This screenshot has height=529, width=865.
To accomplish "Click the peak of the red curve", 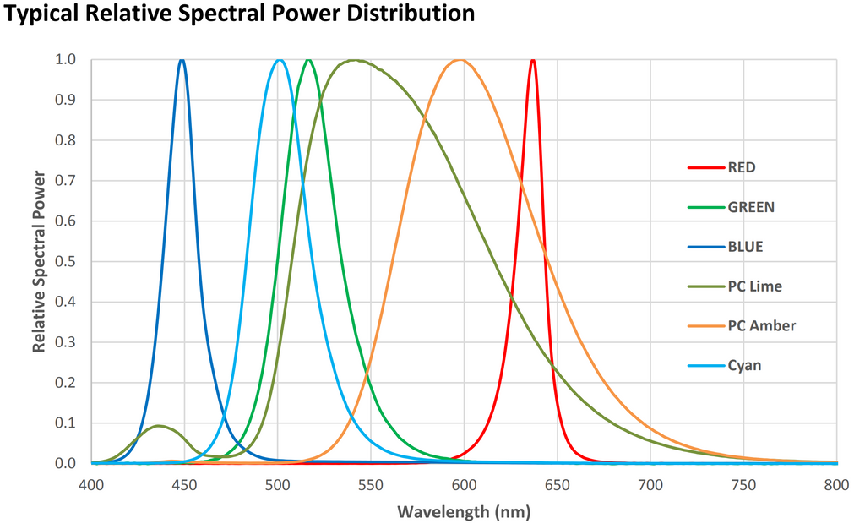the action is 532,60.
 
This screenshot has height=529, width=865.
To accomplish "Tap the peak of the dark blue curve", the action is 182,60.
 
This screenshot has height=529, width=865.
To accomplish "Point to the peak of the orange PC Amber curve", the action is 460,60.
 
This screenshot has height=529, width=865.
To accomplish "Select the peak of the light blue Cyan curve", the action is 280,60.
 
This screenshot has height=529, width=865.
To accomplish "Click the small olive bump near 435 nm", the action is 158,426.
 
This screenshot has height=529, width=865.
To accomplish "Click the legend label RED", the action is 741,167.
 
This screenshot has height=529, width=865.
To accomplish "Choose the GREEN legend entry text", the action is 750,207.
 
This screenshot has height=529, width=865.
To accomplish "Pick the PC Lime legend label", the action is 754,286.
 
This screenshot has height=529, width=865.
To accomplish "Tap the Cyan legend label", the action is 743,366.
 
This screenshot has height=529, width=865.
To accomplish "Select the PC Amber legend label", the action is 761,326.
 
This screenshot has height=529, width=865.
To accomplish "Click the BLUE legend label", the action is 745,247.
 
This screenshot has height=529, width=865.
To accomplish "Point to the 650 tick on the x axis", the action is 557,484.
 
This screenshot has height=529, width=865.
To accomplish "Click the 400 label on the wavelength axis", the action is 91,484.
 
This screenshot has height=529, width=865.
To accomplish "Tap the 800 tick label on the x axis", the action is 836,484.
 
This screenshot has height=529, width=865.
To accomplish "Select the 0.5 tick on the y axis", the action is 66,262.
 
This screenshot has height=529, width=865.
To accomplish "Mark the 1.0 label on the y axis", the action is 66,60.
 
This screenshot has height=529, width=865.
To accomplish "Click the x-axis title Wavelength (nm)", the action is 464,511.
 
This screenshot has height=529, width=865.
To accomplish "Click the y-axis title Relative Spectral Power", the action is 39,261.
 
